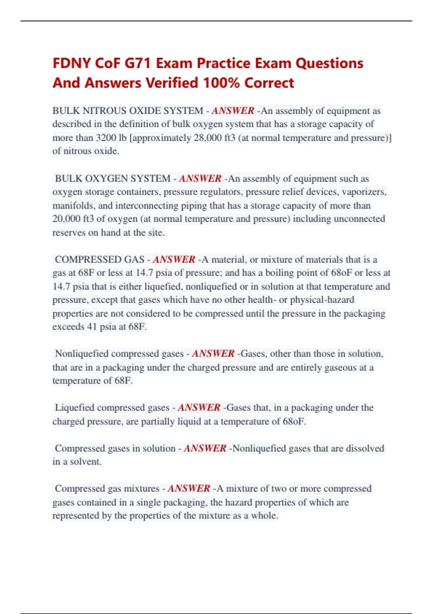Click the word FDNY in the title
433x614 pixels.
coord(71,64)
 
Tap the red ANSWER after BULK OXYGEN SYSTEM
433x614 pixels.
coord(200,178)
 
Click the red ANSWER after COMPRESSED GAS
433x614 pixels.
coord(174,259)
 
